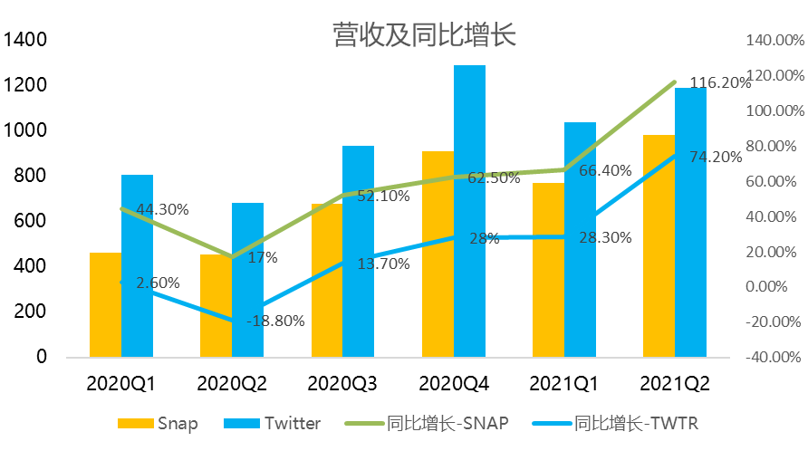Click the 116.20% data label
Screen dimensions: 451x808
(720, 82)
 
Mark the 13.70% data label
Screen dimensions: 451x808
(383, 264)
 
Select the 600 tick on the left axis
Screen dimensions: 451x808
(30, 221)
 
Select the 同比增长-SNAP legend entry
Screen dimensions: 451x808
(444, 423)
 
